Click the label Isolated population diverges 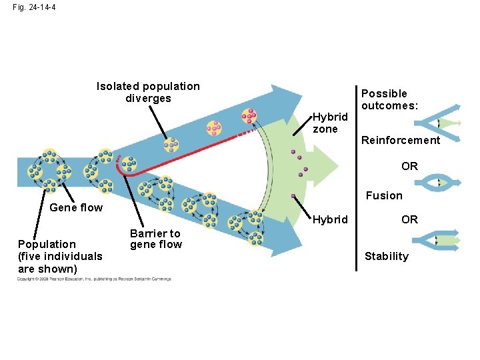pyautogui.click(x=148, y=92)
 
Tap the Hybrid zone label pyautogui.click(x=330, y=123)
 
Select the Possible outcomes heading pyautogui.click(x=389, y=99)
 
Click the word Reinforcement pyautogui.click(x=400, y=140)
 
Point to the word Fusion pyautogui.click(x=383, y=195)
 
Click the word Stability pyautogui.click(x=386, y=256)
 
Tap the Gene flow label pyautogui.click(x=76, y=207)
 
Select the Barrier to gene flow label pyautogui.click(x=155, y=239)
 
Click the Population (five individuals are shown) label pyautogui.click(x=60, y=256)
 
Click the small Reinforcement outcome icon pyautogui.click(x=437, y=124)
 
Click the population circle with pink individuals pyautogui.click(x=248, y=117)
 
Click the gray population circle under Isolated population pyautogui.click(x=171, y=144)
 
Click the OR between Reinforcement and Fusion pyautogui.click(x=409, y=166)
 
